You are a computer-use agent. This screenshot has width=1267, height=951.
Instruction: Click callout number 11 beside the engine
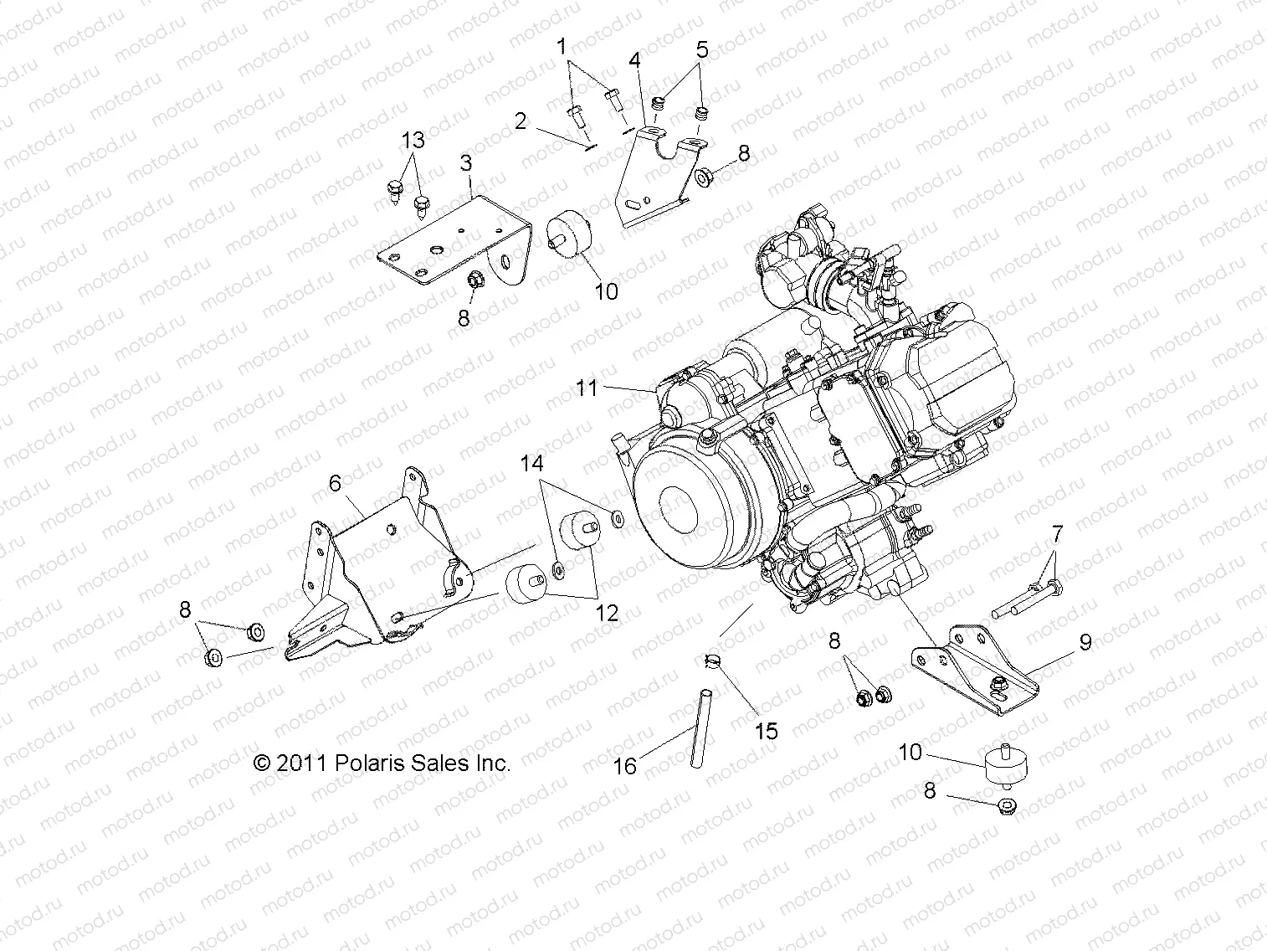(x=587, y=388)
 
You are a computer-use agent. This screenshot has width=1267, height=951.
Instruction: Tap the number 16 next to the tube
(x=626, y=765)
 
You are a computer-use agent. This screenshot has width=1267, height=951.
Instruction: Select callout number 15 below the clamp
(x=766, y=731)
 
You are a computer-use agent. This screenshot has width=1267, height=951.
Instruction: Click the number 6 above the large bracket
(x=335, y=483)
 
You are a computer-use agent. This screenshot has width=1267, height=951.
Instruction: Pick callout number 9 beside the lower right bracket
(x=1085, y=642)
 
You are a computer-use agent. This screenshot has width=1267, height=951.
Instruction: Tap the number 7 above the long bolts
(x=1057, y=533)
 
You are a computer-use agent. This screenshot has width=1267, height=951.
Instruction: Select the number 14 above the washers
(x=532, y=463)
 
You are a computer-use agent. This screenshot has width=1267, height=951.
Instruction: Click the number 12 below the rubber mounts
(x=607, y=613)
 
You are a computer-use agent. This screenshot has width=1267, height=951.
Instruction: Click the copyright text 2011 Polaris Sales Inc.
(x=382, y=763)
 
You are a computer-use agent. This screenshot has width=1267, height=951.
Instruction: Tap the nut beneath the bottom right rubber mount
(x=1007, y=806)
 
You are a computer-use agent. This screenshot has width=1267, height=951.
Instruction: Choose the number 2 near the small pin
(x=521, y=121)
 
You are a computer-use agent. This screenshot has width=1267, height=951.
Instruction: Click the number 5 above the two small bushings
(x=701, y=49)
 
